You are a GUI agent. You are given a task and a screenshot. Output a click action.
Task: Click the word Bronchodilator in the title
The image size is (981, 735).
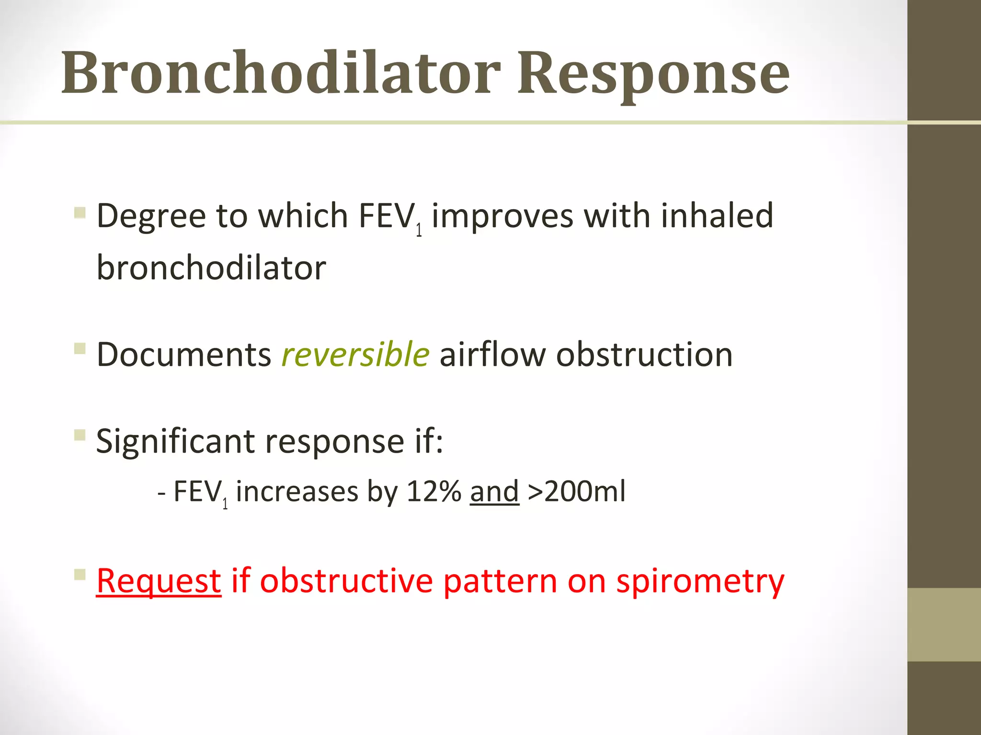[281, 73]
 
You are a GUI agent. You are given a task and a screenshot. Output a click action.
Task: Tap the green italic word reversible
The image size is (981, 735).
[355, 355]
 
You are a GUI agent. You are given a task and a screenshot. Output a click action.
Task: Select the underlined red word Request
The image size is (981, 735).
[159, 581]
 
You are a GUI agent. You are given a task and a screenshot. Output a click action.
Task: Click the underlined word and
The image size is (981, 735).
[494, 491]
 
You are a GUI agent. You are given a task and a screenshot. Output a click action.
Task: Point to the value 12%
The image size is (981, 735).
[433, 491]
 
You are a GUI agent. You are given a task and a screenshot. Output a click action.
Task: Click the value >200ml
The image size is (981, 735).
[576, 491]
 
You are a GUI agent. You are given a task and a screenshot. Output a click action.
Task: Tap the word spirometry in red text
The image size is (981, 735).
[700, 582]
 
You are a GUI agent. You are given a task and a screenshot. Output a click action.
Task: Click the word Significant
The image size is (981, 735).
[175, 441]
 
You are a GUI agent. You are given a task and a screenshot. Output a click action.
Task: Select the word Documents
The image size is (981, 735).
[184, 355]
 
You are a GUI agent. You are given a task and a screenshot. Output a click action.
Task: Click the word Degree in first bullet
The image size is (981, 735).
[151, 217]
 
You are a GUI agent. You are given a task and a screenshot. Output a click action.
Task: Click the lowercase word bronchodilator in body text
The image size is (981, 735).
[211, 267]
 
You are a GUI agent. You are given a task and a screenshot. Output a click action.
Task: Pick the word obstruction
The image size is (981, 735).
[644, 355]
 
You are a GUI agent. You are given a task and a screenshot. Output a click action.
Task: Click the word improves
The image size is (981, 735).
[502, 217]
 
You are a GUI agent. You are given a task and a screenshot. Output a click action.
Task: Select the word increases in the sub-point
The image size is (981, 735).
[297, 491]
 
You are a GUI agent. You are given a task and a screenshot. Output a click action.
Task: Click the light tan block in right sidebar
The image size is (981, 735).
[944, 624]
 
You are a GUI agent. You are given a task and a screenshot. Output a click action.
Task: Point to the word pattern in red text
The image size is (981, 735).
[500, 582]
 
